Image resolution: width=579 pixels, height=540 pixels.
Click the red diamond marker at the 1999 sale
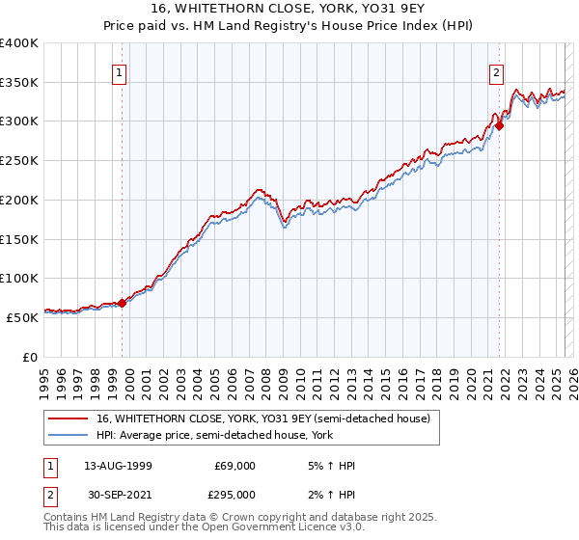123,303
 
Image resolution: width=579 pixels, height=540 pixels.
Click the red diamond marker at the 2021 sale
500,125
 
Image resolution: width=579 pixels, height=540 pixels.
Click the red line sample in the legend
69,418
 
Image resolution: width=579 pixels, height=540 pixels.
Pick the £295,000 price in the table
234,495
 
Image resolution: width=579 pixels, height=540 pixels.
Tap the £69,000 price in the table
234,466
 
